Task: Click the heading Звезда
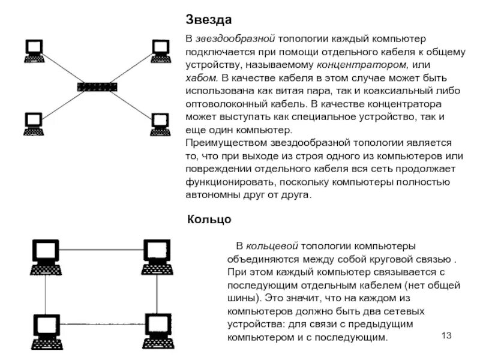(208, 20)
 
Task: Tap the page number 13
(446, 334)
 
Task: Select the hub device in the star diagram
(98, 86)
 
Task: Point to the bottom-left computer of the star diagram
(34, 123)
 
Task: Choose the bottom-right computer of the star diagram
(160, 124)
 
